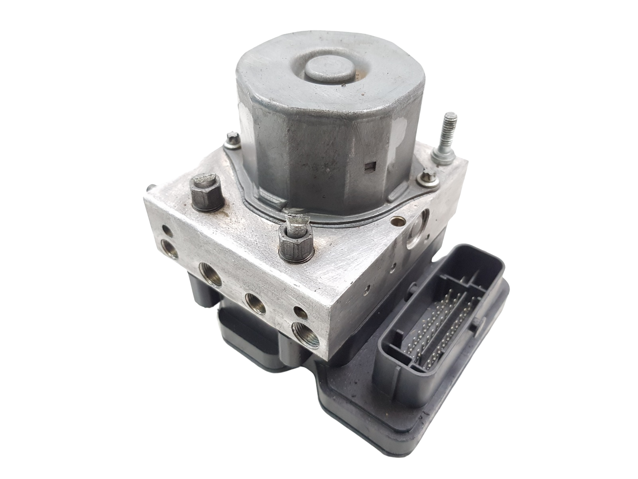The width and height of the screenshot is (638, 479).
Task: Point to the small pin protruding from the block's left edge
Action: (x=152, y=187)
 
